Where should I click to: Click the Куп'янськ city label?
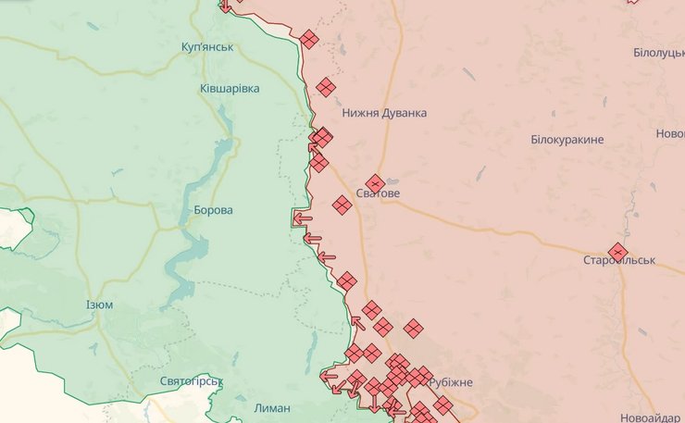coord(208,47)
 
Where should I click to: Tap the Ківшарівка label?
coord(230,89)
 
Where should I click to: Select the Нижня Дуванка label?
coord(384,113)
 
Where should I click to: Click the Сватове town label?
coord(378,195)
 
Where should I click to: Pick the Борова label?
coord(213,210)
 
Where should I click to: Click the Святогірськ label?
coord(192,381)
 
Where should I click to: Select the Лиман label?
coord(271,408)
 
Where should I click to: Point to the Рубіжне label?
coord(451,383)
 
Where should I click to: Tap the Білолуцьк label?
coord(658,53)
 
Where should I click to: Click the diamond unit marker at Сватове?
coord(375,183)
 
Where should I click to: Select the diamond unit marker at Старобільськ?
coord(617,251)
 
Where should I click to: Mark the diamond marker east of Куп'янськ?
coord(309,39)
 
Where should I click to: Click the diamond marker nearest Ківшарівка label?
coord(325,87)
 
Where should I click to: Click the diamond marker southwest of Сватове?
coord(342,205)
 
